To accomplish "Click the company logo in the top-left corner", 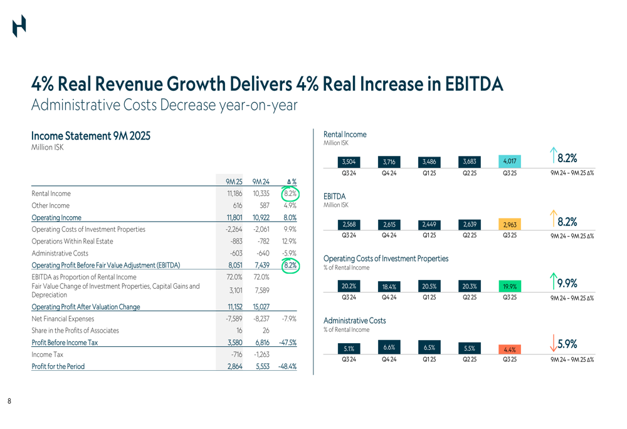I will (19, 26).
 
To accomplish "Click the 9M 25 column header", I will (234, 182).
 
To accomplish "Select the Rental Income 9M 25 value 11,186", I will (234, 194).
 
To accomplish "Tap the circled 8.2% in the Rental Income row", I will (289, 194).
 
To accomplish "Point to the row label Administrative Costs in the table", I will (60, 253).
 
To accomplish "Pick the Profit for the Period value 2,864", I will (234, 366).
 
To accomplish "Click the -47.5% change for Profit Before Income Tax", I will (287, 343).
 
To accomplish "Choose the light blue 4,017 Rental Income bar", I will (509, 162).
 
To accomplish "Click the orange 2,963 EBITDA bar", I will (509, 225).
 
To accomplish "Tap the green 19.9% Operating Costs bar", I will (509, 287).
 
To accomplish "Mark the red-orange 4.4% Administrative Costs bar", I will (509, 349).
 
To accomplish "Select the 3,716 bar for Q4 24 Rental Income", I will (388, 162).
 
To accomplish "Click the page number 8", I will (9, 401).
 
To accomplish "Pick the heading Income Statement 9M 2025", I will (90, 136).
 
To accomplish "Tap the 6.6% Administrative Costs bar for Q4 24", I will (388, 348).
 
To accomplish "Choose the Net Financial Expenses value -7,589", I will (234, 319).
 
